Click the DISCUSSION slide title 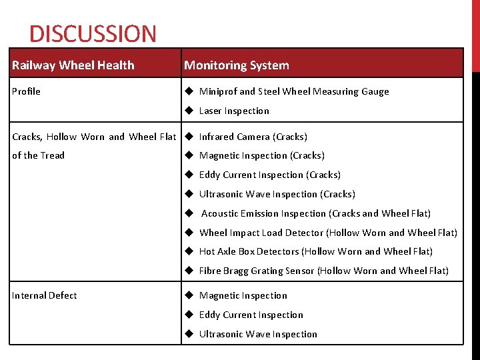(93, 33)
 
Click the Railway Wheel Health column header (73, 65)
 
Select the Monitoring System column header (237, 65)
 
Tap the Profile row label (26, 91)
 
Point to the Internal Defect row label (44, 295)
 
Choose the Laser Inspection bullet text (234, 111)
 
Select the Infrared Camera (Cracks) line (253, 137)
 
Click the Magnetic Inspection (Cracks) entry (261, 155)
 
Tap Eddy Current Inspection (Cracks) (269, 175)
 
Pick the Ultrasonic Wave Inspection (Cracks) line (277, 194)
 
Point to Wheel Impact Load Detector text (261, 233)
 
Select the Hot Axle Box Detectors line (249, 251)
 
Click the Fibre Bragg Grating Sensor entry (257, 271)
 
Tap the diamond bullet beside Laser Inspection (189, 111)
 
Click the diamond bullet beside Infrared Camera (189, 137)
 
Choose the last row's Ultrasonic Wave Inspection (258, 334)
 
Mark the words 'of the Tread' (38, 155)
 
